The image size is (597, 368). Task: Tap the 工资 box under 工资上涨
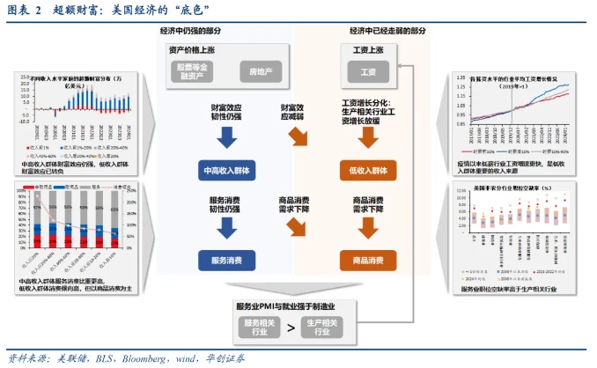[x=367, y=71]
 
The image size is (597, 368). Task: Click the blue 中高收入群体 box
[x=226, y=170]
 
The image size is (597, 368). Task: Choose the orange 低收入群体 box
[x=368, y=170]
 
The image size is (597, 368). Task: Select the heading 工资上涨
[x=367, y=48]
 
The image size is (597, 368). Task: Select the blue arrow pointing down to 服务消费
[x=226, y=228]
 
